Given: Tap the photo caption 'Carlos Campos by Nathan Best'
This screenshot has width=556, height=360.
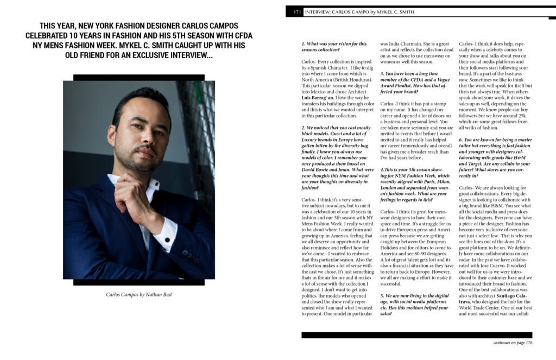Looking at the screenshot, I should point(138,295).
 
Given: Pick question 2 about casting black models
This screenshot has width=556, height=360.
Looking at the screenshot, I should point(334,157).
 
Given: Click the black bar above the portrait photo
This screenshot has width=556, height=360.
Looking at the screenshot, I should point(138,78).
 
